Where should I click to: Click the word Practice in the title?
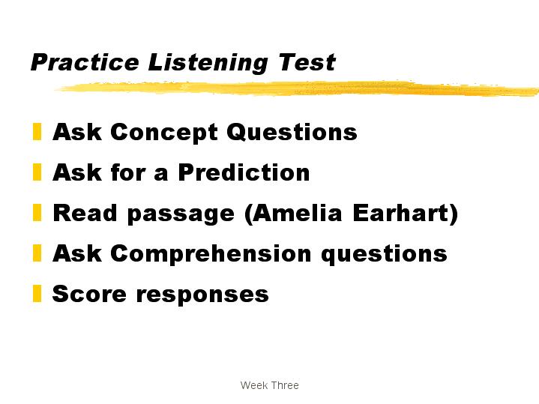point(85,62)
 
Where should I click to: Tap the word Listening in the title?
point(208,64)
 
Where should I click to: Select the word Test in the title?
point(307,62)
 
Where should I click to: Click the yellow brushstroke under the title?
point(298,88)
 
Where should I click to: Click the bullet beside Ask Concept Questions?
point(37,131)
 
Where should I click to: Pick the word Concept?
point(164,133)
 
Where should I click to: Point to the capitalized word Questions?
point(292,132)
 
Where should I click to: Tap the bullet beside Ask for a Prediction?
point(37,172)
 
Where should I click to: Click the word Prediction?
point(244,172)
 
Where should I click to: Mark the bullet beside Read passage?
point(37,212)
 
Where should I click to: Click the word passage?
point(181,214)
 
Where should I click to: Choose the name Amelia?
point(293,213)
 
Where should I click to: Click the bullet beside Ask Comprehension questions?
point(37,253)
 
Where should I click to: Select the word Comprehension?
point(211,254)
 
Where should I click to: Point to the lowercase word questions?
point(384,255)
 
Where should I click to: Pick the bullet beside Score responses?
point(37,294)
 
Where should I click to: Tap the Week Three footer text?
point(270,385)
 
